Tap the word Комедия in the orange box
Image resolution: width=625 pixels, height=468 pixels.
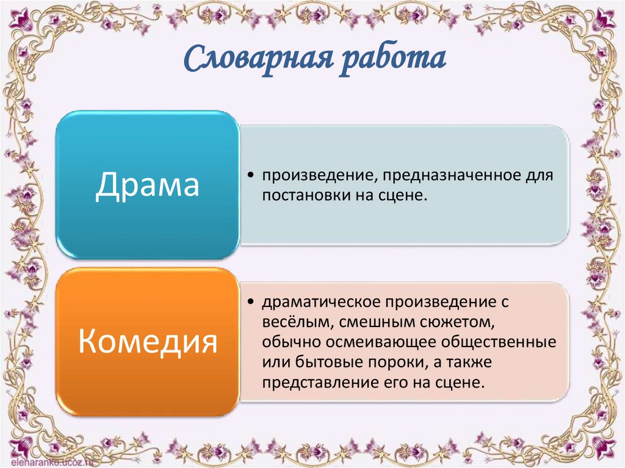click(148, 342)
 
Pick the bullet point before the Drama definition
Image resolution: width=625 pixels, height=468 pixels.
click(252, 176)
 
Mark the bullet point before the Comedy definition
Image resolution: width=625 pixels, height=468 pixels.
click(252, 302)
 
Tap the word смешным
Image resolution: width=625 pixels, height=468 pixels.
click(366, 322)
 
